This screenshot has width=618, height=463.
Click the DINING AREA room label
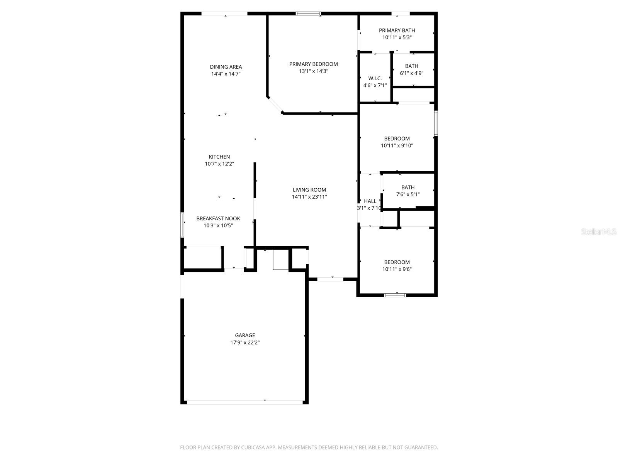[x=226, y=67]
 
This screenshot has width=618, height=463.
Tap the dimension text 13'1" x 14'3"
[x=313, y=71]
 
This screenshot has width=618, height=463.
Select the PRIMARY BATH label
[x=397, y=30]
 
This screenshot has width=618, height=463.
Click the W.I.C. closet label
[x=375, y=78]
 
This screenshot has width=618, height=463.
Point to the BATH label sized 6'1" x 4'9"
[x=411, y=66]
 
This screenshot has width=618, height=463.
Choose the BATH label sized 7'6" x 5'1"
[x=408, y=188]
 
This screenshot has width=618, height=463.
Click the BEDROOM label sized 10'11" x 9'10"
[x=397, y=139]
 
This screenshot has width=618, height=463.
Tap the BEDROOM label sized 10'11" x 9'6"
[x=397, y=262]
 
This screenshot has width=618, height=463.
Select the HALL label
[x=370, y=201]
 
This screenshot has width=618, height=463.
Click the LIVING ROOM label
[x=309, y=190]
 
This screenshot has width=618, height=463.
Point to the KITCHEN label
[x=219, y=157]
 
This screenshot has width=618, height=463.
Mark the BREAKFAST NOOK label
[x=218, y=218]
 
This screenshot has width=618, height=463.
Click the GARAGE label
[x=245, y=335]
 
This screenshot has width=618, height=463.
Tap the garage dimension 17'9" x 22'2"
[x=245, y=343]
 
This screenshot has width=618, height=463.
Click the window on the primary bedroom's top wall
[x=308, y=14]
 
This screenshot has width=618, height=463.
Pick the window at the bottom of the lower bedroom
[x=395, y=295]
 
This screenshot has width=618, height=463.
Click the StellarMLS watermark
[x=598, y=232]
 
